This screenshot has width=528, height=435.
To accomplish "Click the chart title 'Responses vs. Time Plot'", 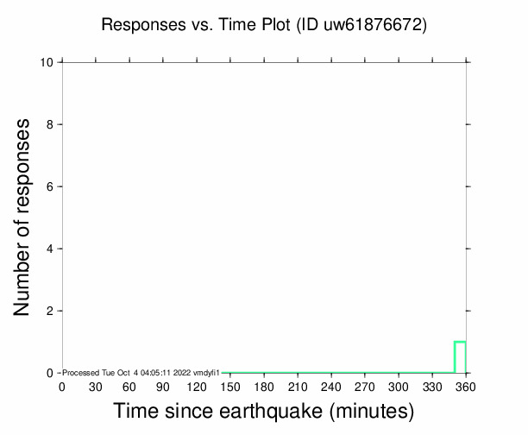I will [197, 25].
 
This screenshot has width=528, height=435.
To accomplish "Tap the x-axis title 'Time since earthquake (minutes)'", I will [264, 413].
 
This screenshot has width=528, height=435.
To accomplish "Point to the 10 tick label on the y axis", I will [48, 62].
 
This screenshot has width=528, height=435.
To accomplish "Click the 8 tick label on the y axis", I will [52, 124].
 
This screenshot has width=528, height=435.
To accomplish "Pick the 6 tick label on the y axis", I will [52, 186].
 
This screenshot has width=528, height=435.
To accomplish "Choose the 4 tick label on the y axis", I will [52, 249].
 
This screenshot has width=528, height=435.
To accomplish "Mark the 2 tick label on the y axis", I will [52, 311].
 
